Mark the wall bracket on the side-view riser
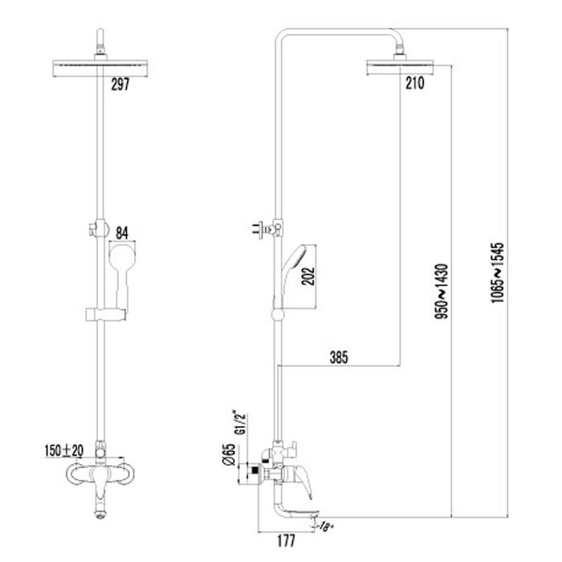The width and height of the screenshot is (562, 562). click(270, 230)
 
